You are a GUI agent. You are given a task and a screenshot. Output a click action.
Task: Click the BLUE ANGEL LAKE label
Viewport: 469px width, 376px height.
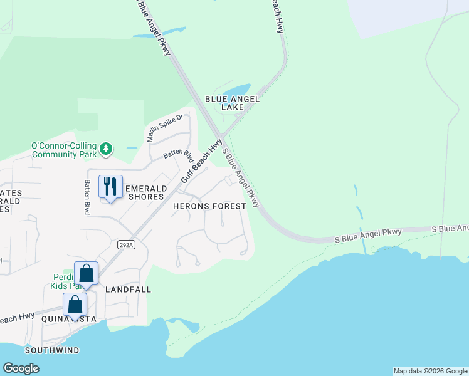tap(232, 103)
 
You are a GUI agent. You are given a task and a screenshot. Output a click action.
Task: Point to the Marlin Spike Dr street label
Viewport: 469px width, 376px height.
tap(164, 128)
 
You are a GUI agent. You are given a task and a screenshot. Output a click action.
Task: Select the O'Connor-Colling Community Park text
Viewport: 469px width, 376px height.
tap(65, 150)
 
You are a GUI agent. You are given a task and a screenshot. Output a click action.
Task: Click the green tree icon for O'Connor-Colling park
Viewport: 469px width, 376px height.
tap(107, 149)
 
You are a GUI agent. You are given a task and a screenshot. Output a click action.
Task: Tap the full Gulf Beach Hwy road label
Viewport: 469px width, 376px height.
tap(201, 161)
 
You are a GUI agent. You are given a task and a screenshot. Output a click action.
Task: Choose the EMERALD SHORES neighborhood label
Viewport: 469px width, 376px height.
tap(146, 192)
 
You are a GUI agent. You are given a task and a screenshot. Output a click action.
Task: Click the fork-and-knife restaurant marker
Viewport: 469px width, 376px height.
tap(110, 186)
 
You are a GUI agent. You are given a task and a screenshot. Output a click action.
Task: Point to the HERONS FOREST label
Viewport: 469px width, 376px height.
tap(209, 206)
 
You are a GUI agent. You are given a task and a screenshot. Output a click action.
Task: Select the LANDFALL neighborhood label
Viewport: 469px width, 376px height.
tap(129, 290)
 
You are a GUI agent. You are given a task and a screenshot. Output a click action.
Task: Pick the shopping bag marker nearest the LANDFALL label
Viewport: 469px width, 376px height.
tap(87, 274)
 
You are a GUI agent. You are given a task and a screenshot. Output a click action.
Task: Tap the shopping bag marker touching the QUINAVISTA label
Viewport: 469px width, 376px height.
tap(75, 305)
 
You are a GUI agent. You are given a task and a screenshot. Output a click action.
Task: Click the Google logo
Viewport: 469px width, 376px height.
tap(21, 368)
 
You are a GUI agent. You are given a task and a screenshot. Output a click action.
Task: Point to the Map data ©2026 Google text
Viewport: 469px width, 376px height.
tap(430, 371)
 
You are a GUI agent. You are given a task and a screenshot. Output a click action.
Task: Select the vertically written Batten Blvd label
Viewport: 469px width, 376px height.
tap(87, 197)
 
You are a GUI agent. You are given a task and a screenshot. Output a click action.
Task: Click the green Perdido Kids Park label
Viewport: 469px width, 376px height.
tap(63, 281)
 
